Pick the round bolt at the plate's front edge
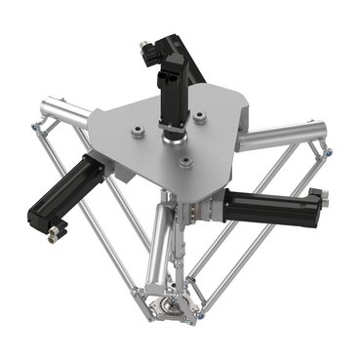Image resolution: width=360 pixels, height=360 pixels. [182, 164]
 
